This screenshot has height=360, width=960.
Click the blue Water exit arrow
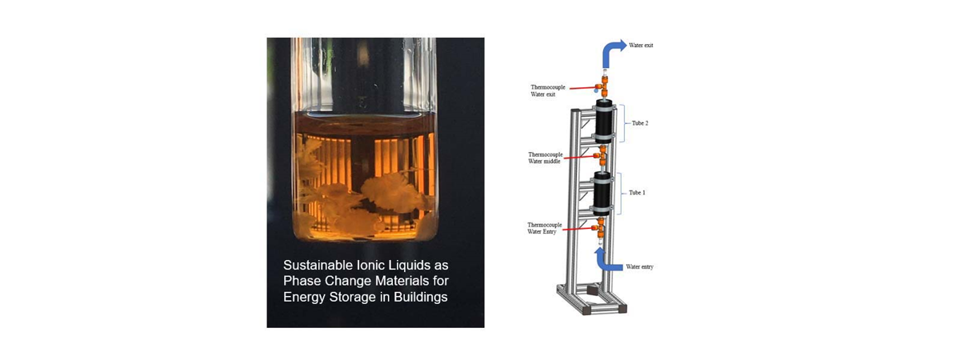tap(607, 51)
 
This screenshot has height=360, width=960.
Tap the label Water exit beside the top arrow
tap(641, 46)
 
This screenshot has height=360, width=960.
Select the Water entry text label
tap(639, 266)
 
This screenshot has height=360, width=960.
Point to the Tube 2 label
tap(640, 123)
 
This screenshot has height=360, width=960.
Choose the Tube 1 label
tap(637, 193)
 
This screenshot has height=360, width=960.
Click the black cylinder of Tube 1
tap(602, 194)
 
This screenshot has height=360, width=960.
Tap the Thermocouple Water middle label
tap(545, 158)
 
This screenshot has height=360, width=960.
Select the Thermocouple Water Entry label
tap(544, 228)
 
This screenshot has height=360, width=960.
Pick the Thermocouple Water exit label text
tap(548, 91)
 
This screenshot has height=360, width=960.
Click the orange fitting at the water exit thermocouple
tap(603, 86)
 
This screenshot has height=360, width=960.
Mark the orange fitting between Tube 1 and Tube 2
tap(601, 156)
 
